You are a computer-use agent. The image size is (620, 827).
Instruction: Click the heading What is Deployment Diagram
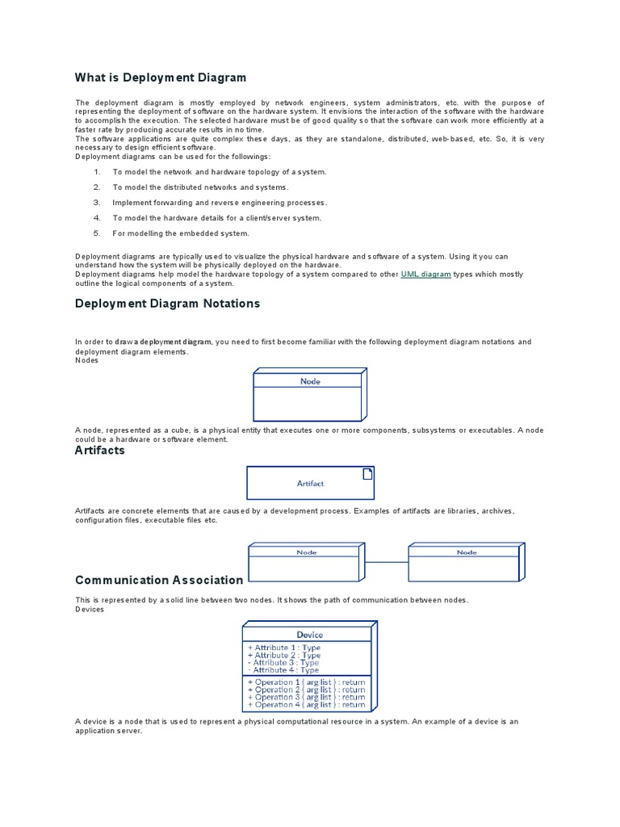tap(160, 78)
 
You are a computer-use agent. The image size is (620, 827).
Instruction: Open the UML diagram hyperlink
tap(425, 275)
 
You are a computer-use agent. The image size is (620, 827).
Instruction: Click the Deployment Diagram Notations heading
tap(167, 304)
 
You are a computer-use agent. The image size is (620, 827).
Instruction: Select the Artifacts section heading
tap(99, 451)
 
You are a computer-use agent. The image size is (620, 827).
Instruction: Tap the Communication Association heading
tap(158, 580)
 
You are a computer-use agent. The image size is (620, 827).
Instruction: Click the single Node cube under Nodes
tap(310, 395)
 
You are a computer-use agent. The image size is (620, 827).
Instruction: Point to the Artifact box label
tap(310, 484)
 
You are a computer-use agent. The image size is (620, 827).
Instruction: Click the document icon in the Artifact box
tap(367, 473)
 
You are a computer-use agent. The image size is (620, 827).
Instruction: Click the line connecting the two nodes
tap(387, 562)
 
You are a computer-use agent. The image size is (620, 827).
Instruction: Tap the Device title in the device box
tap(309, 635)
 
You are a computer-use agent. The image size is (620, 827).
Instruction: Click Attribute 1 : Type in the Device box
tap(283, 648)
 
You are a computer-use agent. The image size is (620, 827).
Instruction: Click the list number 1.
tap(97, 172)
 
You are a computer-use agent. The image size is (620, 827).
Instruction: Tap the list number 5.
tap(97, 233)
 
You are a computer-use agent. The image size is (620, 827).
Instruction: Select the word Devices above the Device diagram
tap(90, 610)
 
